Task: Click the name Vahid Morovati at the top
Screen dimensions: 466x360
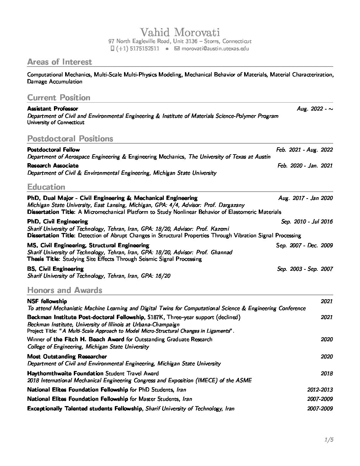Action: point(180,32)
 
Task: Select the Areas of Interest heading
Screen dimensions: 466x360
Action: point(60,62)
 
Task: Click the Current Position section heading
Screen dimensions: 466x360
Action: point(59,98)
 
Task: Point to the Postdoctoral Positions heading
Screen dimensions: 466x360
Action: point(70,138)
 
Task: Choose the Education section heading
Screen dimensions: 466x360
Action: point(46,187)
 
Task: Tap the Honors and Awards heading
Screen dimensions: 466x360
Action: point(65,290)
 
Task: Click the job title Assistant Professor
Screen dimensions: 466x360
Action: point(53,109)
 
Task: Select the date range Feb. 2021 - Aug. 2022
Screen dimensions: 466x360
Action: point(304,150)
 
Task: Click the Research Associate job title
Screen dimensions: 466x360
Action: point(53,165)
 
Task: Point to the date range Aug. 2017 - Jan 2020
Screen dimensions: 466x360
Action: point(305,198)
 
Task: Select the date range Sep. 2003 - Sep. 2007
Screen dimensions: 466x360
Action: point(305,269)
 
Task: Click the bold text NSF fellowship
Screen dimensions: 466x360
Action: point(47,301)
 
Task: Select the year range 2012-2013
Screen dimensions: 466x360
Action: point(320,390)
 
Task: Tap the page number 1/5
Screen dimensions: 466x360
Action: point(329,440)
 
